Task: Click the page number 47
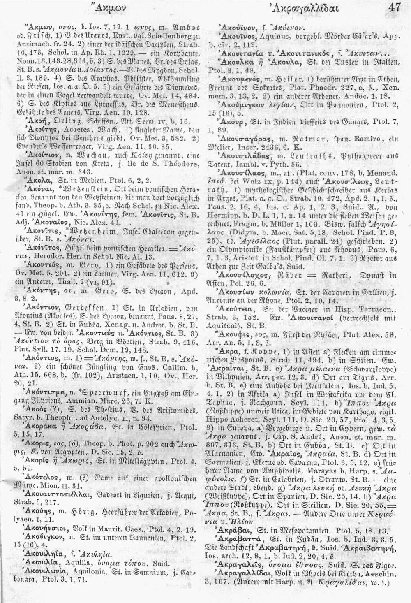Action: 394,8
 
